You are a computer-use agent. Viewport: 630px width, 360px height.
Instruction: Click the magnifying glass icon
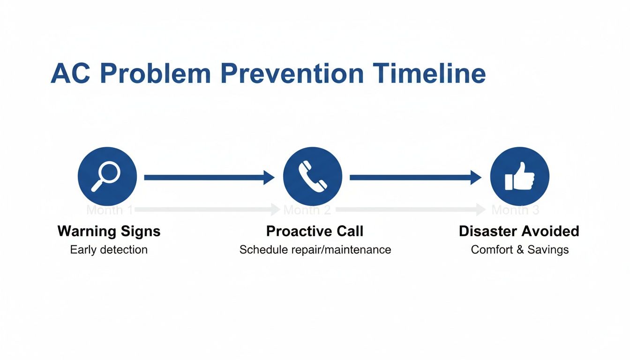(107, 176)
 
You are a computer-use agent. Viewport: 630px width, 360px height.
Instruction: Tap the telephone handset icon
(313, 176)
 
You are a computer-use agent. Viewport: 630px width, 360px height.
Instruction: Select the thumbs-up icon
(519, 177)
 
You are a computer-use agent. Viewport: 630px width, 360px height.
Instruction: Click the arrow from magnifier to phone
(209, 177)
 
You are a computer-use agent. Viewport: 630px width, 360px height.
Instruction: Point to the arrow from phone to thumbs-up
(415, 177)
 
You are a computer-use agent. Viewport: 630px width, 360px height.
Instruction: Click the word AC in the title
(69, 74)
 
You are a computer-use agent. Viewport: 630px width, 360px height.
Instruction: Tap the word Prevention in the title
(291, 74)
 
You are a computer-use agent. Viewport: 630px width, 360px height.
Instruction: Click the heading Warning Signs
(109, 231)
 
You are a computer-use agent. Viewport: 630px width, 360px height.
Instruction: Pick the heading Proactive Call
(315, 231)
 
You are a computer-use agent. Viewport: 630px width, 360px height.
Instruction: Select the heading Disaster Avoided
(519, 231)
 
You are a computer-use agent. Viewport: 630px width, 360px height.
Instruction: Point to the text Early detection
(109, 250)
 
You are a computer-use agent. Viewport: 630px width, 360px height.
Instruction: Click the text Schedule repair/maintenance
(315, 250)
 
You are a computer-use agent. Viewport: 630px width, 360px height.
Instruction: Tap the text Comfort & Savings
(519, 250)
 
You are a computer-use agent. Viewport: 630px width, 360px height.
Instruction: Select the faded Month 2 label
(307, 210)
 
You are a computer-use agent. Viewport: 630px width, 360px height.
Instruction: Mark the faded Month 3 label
(515, 210)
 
